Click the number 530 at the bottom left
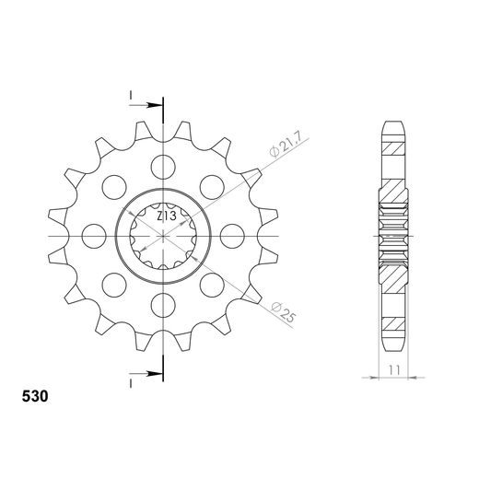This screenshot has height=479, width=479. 36,399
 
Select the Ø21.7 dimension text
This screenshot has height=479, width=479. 284,147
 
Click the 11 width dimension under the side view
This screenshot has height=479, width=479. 394,368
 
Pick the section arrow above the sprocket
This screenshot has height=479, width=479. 152,104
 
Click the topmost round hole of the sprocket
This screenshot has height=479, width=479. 163,168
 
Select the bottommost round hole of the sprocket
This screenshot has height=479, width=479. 163,304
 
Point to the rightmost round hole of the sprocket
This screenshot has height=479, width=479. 231,236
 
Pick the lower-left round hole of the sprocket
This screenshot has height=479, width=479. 115,284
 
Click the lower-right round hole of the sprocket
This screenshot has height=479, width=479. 211,284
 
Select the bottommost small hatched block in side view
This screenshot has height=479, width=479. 393,324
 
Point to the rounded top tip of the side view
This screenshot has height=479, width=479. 393,122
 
